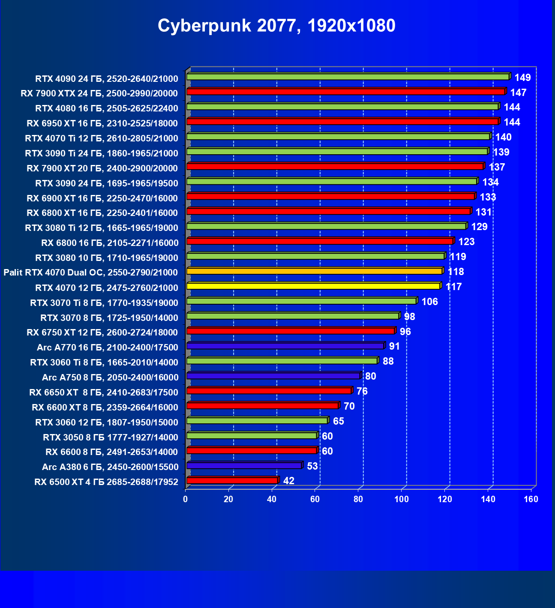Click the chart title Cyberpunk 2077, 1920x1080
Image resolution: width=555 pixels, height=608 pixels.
pos(276,26)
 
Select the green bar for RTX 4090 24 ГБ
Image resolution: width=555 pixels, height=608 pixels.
pos(348,77)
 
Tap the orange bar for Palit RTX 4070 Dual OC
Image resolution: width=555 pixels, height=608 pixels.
pos(314,271)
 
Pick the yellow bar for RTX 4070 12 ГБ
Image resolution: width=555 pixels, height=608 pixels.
pos(313,286)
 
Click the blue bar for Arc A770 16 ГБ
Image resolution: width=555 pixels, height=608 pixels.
pos(285,346)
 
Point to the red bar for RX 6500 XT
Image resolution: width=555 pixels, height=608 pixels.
pos(232,480)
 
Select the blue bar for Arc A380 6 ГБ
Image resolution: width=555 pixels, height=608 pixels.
pos(244,465)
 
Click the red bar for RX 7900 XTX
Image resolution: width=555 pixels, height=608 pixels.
pos(345,92)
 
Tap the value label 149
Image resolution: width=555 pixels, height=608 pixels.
pos(522,78)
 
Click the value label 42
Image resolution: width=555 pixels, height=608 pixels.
pos(289,481)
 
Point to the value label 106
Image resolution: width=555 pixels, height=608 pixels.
pos(429,302)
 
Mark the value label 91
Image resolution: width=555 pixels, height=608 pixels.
pos(394,346)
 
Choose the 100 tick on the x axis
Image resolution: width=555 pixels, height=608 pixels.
pos(402,499)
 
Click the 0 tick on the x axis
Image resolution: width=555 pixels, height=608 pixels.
pos(186,499)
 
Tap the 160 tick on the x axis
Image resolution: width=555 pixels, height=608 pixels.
pos(531,499)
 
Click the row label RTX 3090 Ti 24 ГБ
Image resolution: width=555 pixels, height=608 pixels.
pos(102,153)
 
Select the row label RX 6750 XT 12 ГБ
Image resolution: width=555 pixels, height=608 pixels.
pos(102,332)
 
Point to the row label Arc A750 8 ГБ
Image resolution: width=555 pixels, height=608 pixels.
pos(110,377)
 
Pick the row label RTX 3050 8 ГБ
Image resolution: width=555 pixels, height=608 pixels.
pos(111,437)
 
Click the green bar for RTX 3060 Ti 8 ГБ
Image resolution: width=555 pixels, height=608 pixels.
pos(282,361)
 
